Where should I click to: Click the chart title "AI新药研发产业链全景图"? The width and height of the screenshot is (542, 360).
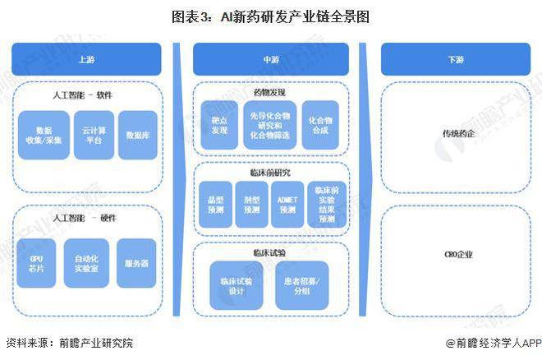(270, 16)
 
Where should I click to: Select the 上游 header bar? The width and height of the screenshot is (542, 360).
(85, 59)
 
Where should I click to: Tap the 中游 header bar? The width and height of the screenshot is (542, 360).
(270, 59)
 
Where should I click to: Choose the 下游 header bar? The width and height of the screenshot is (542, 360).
(455, 59)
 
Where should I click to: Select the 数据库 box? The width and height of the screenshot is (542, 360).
(135, 136)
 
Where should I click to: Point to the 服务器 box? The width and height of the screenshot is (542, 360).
(135, 264)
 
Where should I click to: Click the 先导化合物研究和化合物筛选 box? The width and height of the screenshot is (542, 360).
(269, 124)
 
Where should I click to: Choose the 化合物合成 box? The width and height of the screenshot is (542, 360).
(320, 124)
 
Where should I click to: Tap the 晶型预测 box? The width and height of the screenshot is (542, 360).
(216, 205)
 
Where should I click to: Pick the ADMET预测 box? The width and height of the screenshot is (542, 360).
(287, 205)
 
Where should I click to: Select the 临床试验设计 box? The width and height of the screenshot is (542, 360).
(235, 285)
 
